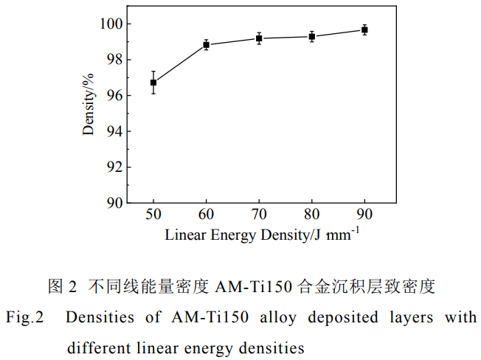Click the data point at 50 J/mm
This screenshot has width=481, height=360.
click(x=153, y=83)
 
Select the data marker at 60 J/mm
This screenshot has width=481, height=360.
click(x=207, y=45)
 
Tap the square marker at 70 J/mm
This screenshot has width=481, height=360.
click(x=259, y=38)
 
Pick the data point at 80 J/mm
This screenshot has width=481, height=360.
click(x=312, y=36)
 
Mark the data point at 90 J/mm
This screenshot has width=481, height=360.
click(x=364, y=30)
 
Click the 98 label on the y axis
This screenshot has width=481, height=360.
click(x=113, y=60)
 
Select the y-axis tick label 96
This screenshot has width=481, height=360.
click(x=113, y=96)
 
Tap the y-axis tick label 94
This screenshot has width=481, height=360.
click(x=113, y=131)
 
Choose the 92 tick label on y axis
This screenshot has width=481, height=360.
click(x=113, y=167)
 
